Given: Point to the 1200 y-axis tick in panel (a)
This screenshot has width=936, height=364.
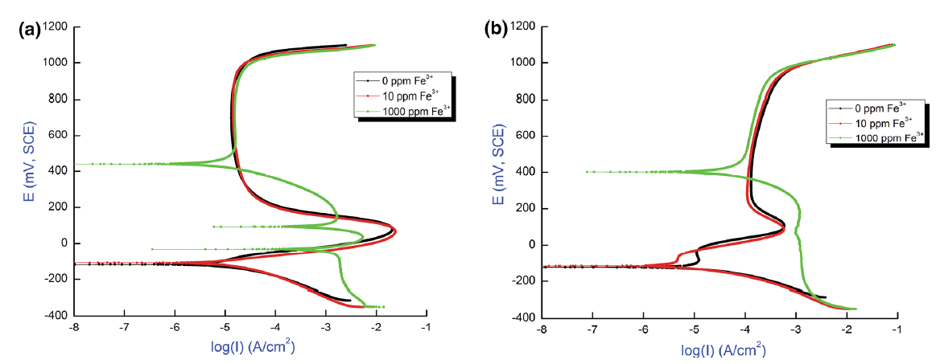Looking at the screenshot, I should (x=55, y=27).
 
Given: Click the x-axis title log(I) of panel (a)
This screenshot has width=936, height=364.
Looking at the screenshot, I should (x=249, y=350).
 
